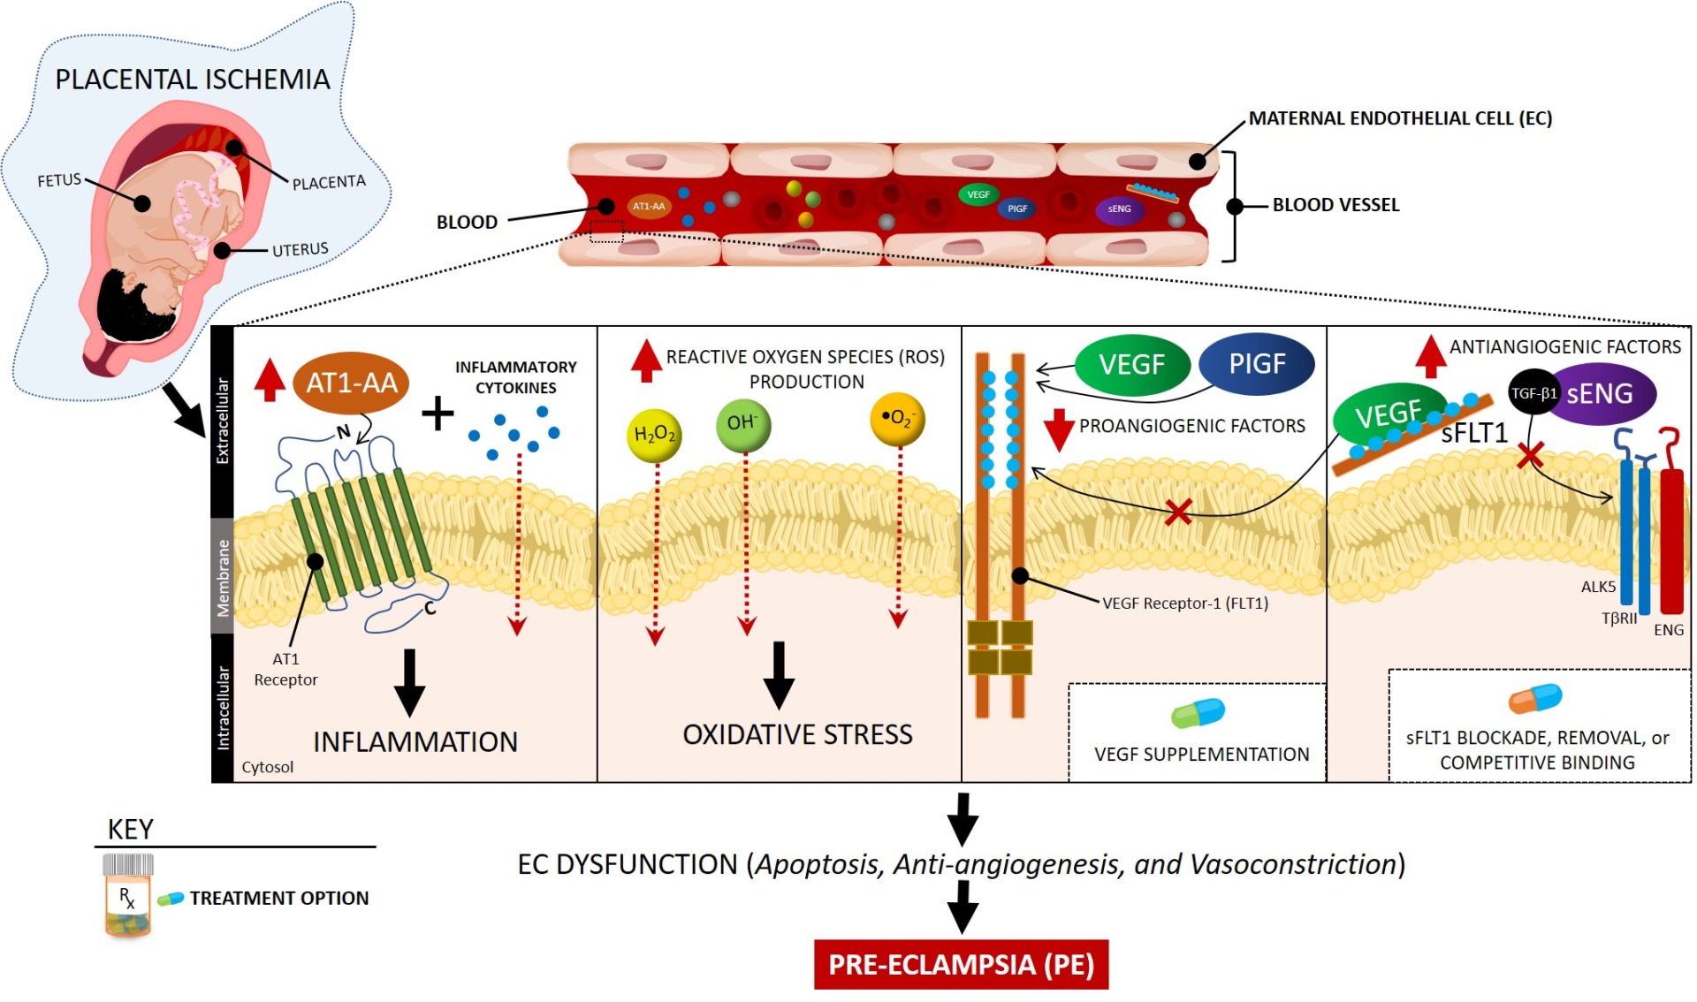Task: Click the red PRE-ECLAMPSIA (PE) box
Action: (x=961, y=964)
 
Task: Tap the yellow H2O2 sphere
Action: (x=654, y=435)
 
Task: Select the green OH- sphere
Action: (x=742, y=424)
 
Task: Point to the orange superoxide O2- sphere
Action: (x=897, y=419)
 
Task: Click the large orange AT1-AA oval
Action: (x=351, y=383)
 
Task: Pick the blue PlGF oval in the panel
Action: (x=1257, y=364)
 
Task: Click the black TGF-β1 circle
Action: (x=1533, y=393)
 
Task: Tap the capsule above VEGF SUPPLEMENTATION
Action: (x=1198, y=713)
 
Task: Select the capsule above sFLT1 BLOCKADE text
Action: (x=1535, y=699)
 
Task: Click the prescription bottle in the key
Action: (x=128, y=894)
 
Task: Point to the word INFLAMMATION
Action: (x=415, y=742)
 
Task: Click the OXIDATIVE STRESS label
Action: (x=797, y=735)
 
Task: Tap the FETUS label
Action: (x=59, y=180)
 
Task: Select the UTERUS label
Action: (x=300, y=250)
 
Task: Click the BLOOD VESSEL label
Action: (x=1336, y=205)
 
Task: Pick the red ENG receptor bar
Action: (x=1670, y=539)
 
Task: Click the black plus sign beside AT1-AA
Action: (x=438, y=414)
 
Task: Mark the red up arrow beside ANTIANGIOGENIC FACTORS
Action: (x=1430, y=356)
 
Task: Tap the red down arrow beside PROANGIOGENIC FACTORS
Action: (x=1058, y=429)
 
